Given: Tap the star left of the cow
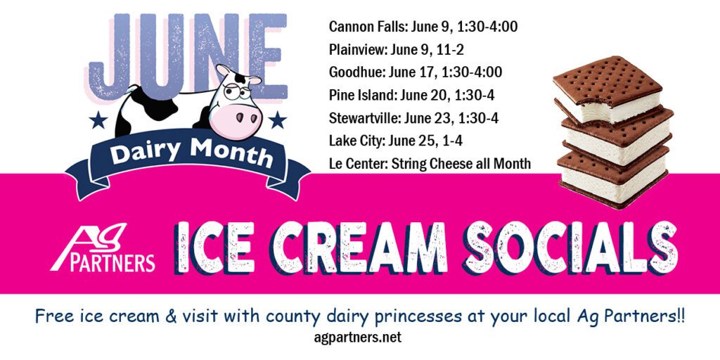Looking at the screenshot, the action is point(98,120).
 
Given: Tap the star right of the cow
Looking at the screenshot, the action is point(277,120).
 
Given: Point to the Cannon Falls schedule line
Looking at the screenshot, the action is point(423,27).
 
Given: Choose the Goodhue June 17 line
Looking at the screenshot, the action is point(416,72).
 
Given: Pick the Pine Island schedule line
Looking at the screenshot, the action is point(411,95).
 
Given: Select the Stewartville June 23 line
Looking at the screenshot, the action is point(413,118).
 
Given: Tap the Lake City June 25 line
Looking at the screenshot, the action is point(395,141).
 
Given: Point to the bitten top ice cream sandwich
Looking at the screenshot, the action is point(607,90).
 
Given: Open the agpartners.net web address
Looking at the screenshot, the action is point(357,337).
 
